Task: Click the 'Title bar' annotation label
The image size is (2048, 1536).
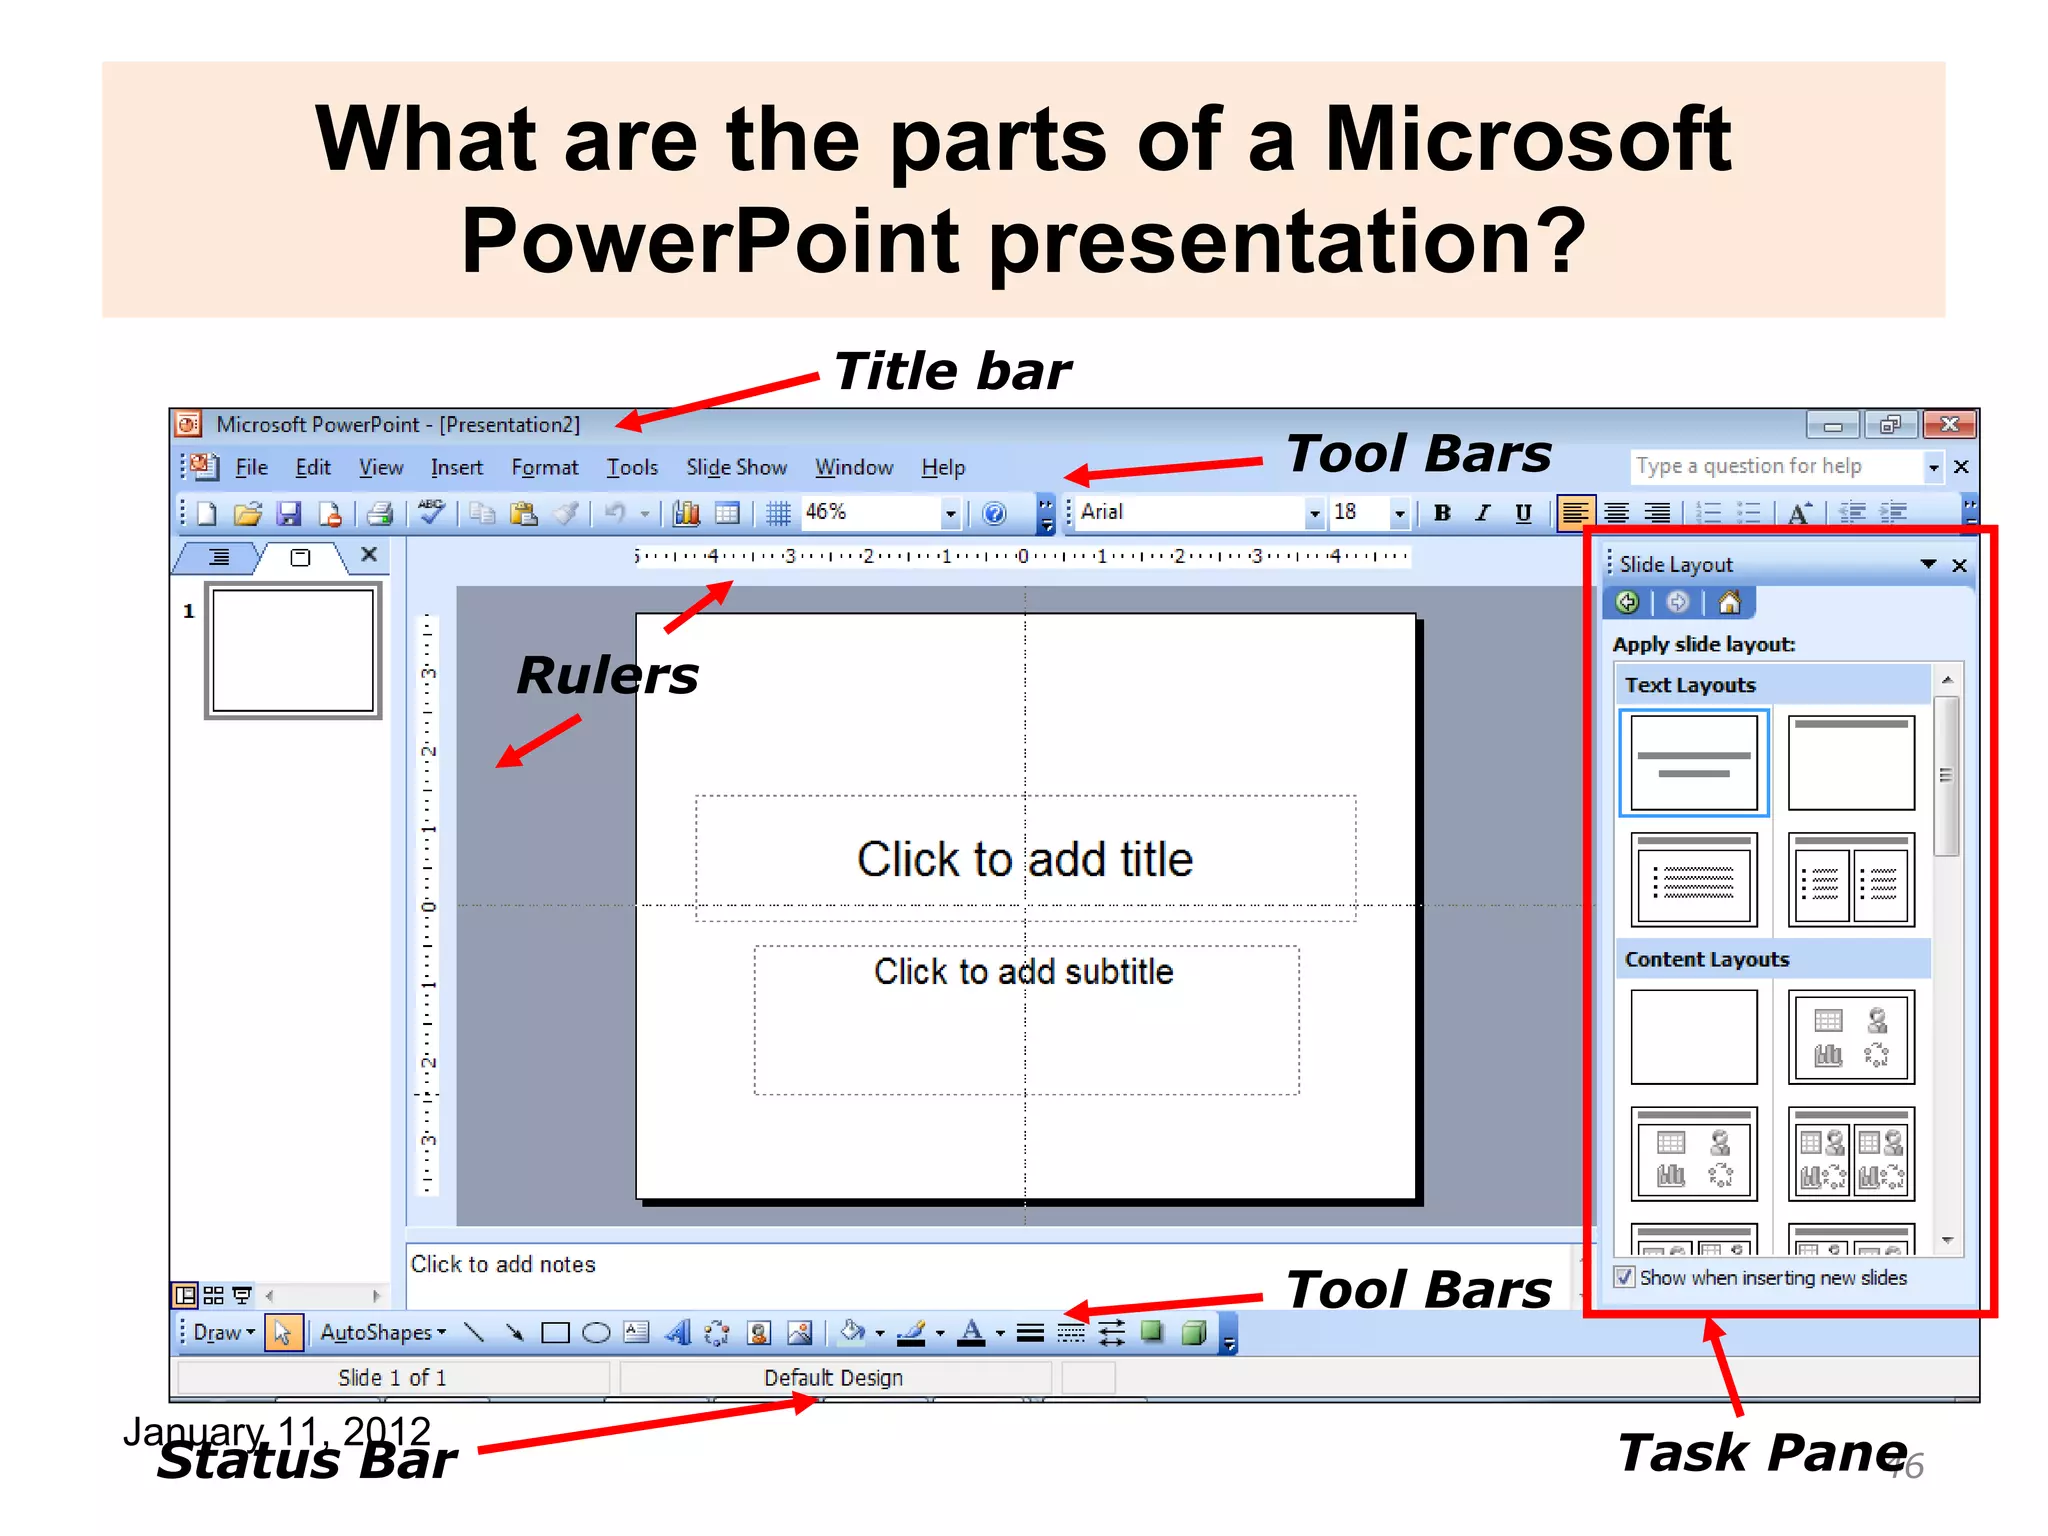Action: coord(951,372)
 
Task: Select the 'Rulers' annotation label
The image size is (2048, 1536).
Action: coord(607,676)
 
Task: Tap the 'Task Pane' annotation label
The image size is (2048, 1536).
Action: coord(1762,1453)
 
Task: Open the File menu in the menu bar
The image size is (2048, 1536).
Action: coord(251,468)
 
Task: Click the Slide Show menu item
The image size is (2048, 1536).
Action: coord(736,468)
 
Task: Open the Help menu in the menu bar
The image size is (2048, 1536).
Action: coord(942,468)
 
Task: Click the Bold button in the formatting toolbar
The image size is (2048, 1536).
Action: coord(1441,513)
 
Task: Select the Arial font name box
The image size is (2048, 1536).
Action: coord(1190,512)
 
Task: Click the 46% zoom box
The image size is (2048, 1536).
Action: coord(870,512)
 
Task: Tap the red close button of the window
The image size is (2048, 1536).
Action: coord(1949,425)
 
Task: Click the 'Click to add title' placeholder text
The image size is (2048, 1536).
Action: coord(1025,859)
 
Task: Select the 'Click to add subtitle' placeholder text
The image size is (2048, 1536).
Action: coord(1023,972)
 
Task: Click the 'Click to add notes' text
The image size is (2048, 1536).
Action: coord(503,1265)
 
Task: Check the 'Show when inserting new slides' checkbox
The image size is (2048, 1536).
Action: coord(1625,1278)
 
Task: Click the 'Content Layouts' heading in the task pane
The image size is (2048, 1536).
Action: coord(1706,960)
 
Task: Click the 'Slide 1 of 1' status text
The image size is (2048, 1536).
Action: coord(392,1378)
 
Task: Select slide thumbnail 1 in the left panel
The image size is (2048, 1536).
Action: coord(293,651)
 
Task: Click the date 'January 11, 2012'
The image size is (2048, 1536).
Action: coord(276,1430)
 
